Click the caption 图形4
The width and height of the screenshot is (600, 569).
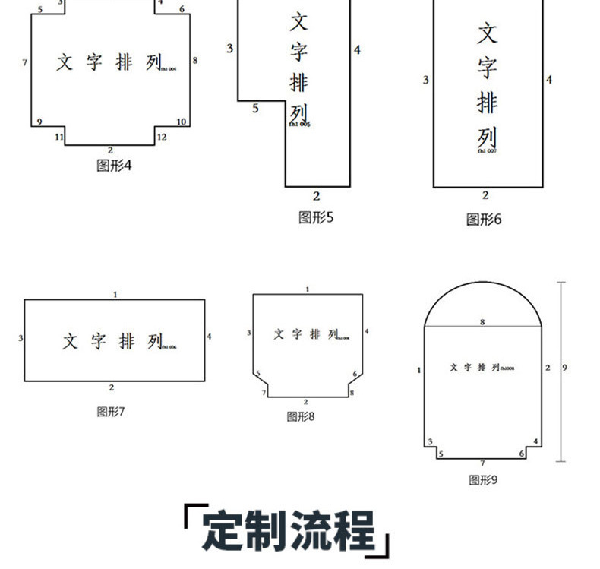[114, 165]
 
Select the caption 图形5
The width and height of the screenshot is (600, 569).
[316, 217]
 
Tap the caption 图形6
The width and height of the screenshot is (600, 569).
[484, 220]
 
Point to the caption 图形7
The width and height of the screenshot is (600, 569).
[111, 412]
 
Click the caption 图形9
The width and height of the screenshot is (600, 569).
[483, 479]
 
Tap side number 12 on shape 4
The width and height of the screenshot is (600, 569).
[162, 137]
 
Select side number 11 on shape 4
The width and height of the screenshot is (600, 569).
[59, 137]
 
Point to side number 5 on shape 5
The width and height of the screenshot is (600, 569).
[255, 109]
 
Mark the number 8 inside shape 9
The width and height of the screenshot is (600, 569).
[482, 322]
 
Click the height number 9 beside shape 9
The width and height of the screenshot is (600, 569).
[565, 368]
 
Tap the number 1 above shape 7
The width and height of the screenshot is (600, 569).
[115, 293]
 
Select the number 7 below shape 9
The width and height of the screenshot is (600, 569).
[482, 463]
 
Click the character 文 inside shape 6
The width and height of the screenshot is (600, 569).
[487, 33]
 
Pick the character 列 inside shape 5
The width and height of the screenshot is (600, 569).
[299, 113]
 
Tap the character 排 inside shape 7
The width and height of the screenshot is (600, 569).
[127, 342]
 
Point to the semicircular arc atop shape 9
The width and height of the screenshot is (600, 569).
[482, 284]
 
